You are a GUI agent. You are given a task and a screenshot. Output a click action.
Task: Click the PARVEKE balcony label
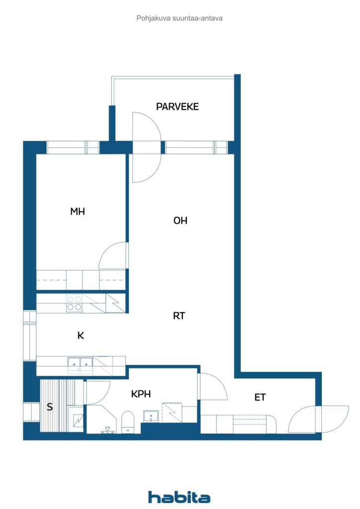177,106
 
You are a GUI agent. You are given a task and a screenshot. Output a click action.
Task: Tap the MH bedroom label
78,212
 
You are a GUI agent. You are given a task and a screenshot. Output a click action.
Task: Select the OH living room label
180,221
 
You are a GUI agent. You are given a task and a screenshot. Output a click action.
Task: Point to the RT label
179,316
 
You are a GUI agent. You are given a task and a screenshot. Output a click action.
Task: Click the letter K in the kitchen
81,336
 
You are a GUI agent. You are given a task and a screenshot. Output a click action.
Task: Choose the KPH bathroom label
141,394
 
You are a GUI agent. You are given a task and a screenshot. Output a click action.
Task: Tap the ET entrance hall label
260,397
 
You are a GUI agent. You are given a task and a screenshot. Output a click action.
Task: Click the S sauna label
50,407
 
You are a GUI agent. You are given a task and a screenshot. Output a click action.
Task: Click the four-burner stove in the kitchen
74,303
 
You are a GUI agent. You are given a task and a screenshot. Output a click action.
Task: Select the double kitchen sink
80,365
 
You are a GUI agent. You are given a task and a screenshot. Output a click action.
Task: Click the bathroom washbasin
151,417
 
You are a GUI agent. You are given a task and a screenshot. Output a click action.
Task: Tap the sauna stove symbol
78,421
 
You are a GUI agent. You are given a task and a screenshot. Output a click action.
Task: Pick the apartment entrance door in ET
302,420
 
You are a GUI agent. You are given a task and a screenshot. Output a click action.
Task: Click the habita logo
179,497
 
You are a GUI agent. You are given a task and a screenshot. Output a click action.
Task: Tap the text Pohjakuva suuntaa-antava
180,18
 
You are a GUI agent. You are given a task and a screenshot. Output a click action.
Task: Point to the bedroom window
73,147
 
